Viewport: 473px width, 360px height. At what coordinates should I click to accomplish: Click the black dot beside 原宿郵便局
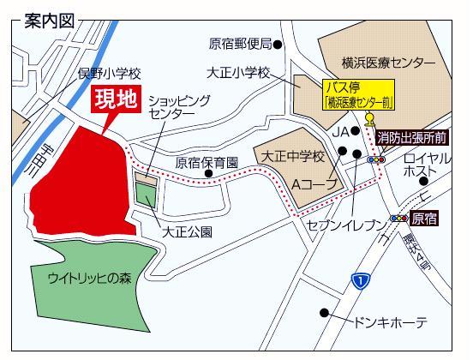coord(278,43)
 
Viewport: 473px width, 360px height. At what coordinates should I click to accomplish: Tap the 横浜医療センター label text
coord(387,63)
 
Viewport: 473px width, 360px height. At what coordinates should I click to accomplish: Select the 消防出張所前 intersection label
coord(421,137)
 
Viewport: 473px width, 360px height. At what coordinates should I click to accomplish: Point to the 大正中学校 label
coord(293,157)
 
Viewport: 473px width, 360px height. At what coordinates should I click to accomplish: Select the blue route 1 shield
coord(362,280)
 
